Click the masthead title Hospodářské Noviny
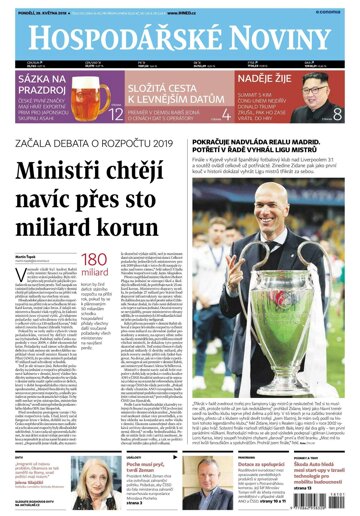(x=180, y=36)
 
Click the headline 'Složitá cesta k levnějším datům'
(x=172, y=97)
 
